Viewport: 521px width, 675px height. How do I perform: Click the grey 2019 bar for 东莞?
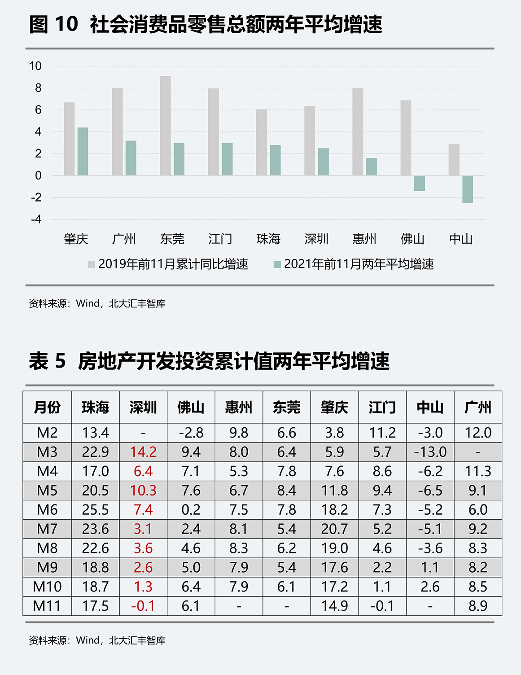(165, 126)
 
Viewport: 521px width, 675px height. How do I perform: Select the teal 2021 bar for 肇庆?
(83, 152)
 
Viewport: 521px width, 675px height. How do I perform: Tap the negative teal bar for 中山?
(468, 189)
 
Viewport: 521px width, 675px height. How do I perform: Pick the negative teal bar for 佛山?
(420, 183)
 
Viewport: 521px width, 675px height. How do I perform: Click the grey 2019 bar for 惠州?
(358, 131)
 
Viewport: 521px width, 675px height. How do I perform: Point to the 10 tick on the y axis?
(35, 66)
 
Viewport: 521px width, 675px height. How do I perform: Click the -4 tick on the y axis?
(36, 219)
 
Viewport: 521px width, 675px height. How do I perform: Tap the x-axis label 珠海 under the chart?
(268, 239)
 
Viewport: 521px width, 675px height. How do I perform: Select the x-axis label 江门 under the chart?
(220, 239)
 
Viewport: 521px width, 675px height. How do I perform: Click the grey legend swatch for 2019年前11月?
(91, 264)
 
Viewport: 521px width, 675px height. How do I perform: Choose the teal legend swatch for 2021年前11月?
(277, 264)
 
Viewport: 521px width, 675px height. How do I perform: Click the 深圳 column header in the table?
(143, 407)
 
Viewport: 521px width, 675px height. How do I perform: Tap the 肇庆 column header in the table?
(334, 407)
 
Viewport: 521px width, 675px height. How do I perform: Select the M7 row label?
(47, 529)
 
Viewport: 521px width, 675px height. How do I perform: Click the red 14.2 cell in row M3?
(143, 452)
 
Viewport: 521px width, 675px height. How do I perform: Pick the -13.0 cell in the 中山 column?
(430, 452)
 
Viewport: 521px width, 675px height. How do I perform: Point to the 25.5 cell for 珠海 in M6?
(95, 510)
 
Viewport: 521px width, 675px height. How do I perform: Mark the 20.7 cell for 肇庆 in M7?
(334, 529)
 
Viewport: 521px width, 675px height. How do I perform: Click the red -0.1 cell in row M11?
(143, 606)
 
